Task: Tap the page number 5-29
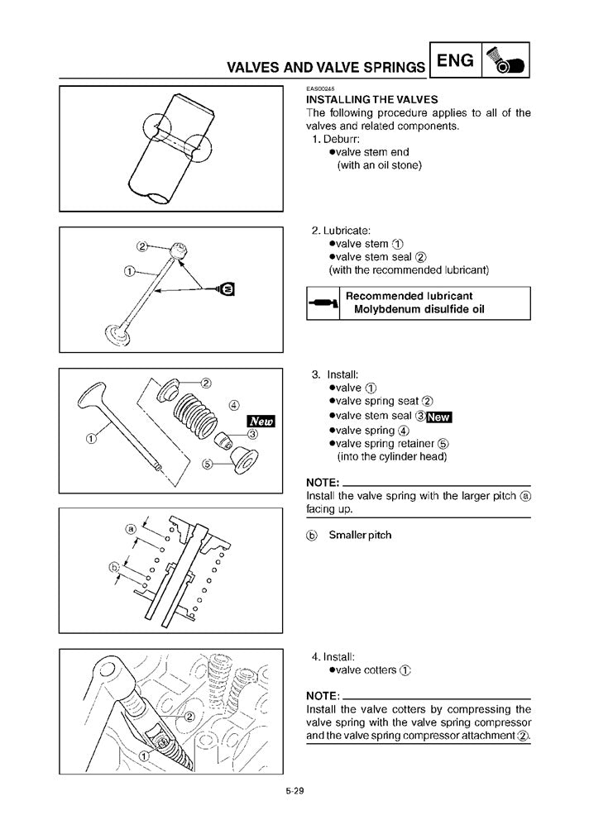pyautogui.click(x=295, y=791)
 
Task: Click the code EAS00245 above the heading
pyautogui.click(x=320, y=88)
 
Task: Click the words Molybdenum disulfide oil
pyautogui.click(x=419, y=310)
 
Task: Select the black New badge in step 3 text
pyautogui.click(x=438, y=417)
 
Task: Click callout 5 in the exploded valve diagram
pyautogui.click(x=208, y=464)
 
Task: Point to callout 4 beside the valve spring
pyautogui.click(x=234, y=405)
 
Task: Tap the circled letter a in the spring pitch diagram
pyautogui.click(x=130, y=528)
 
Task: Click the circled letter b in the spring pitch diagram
pyautogui.click(x=114, y=567)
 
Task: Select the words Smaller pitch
pyautogui.click(x=360, y=535)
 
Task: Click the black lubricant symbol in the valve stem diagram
pyautogui.click(x=227, y=288)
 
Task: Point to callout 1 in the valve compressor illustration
pyautogui.click(x=144, y=755)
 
